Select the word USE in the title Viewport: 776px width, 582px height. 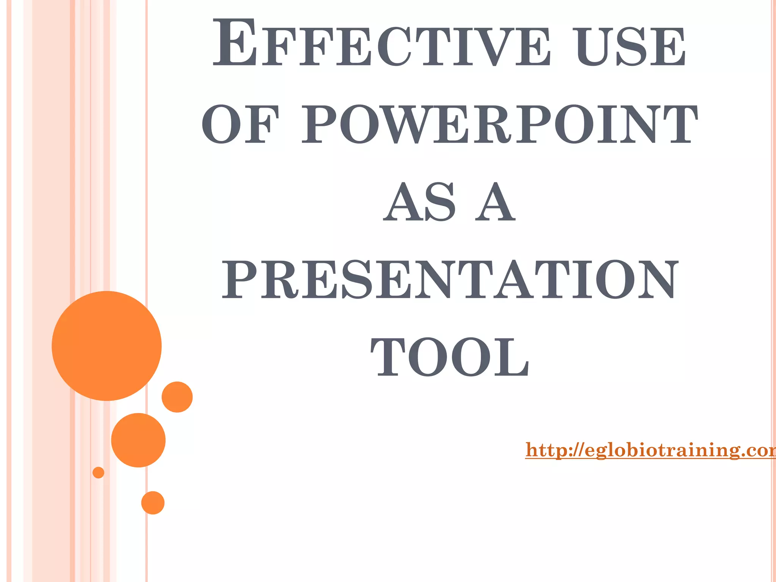631,47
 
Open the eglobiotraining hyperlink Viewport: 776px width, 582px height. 650,451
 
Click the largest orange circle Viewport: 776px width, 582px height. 107,346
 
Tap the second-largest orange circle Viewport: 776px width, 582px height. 138,440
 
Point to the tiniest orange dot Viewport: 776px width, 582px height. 99,472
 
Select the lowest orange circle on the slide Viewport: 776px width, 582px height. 153,503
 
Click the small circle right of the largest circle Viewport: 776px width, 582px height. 177,397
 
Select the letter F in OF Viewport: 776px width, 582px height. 261,125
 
